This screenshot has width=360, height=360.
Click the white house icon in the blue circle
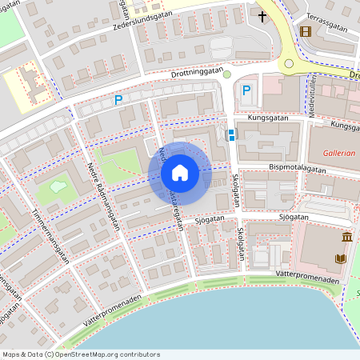point(180,172)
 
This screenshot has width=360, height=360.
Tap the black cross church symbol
point(262,15)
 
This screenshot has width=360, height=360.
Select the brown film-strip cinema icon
point(305,32)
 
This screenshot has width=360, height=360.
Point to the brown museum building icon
point(346,238)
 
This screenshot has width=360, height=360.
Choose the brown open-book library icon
point(341,258)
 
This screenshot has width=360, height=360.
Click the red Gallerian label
point(341,152)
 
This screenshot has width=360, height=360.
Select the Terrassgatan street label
point(327,26)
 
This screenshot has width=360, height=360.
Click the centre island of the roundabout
point(290,63)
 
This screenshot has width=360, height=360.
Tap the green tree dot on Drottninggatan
point(226,74)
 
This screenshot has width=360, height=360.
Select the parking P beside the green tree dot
point(246,90)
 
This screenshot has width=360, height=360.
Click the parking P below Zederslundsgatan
point(118,100)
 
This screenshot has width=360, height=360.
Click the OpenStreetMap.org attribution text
point(80,354)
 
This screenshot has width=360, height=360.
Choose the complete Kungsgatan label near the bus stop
point(267,117)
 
